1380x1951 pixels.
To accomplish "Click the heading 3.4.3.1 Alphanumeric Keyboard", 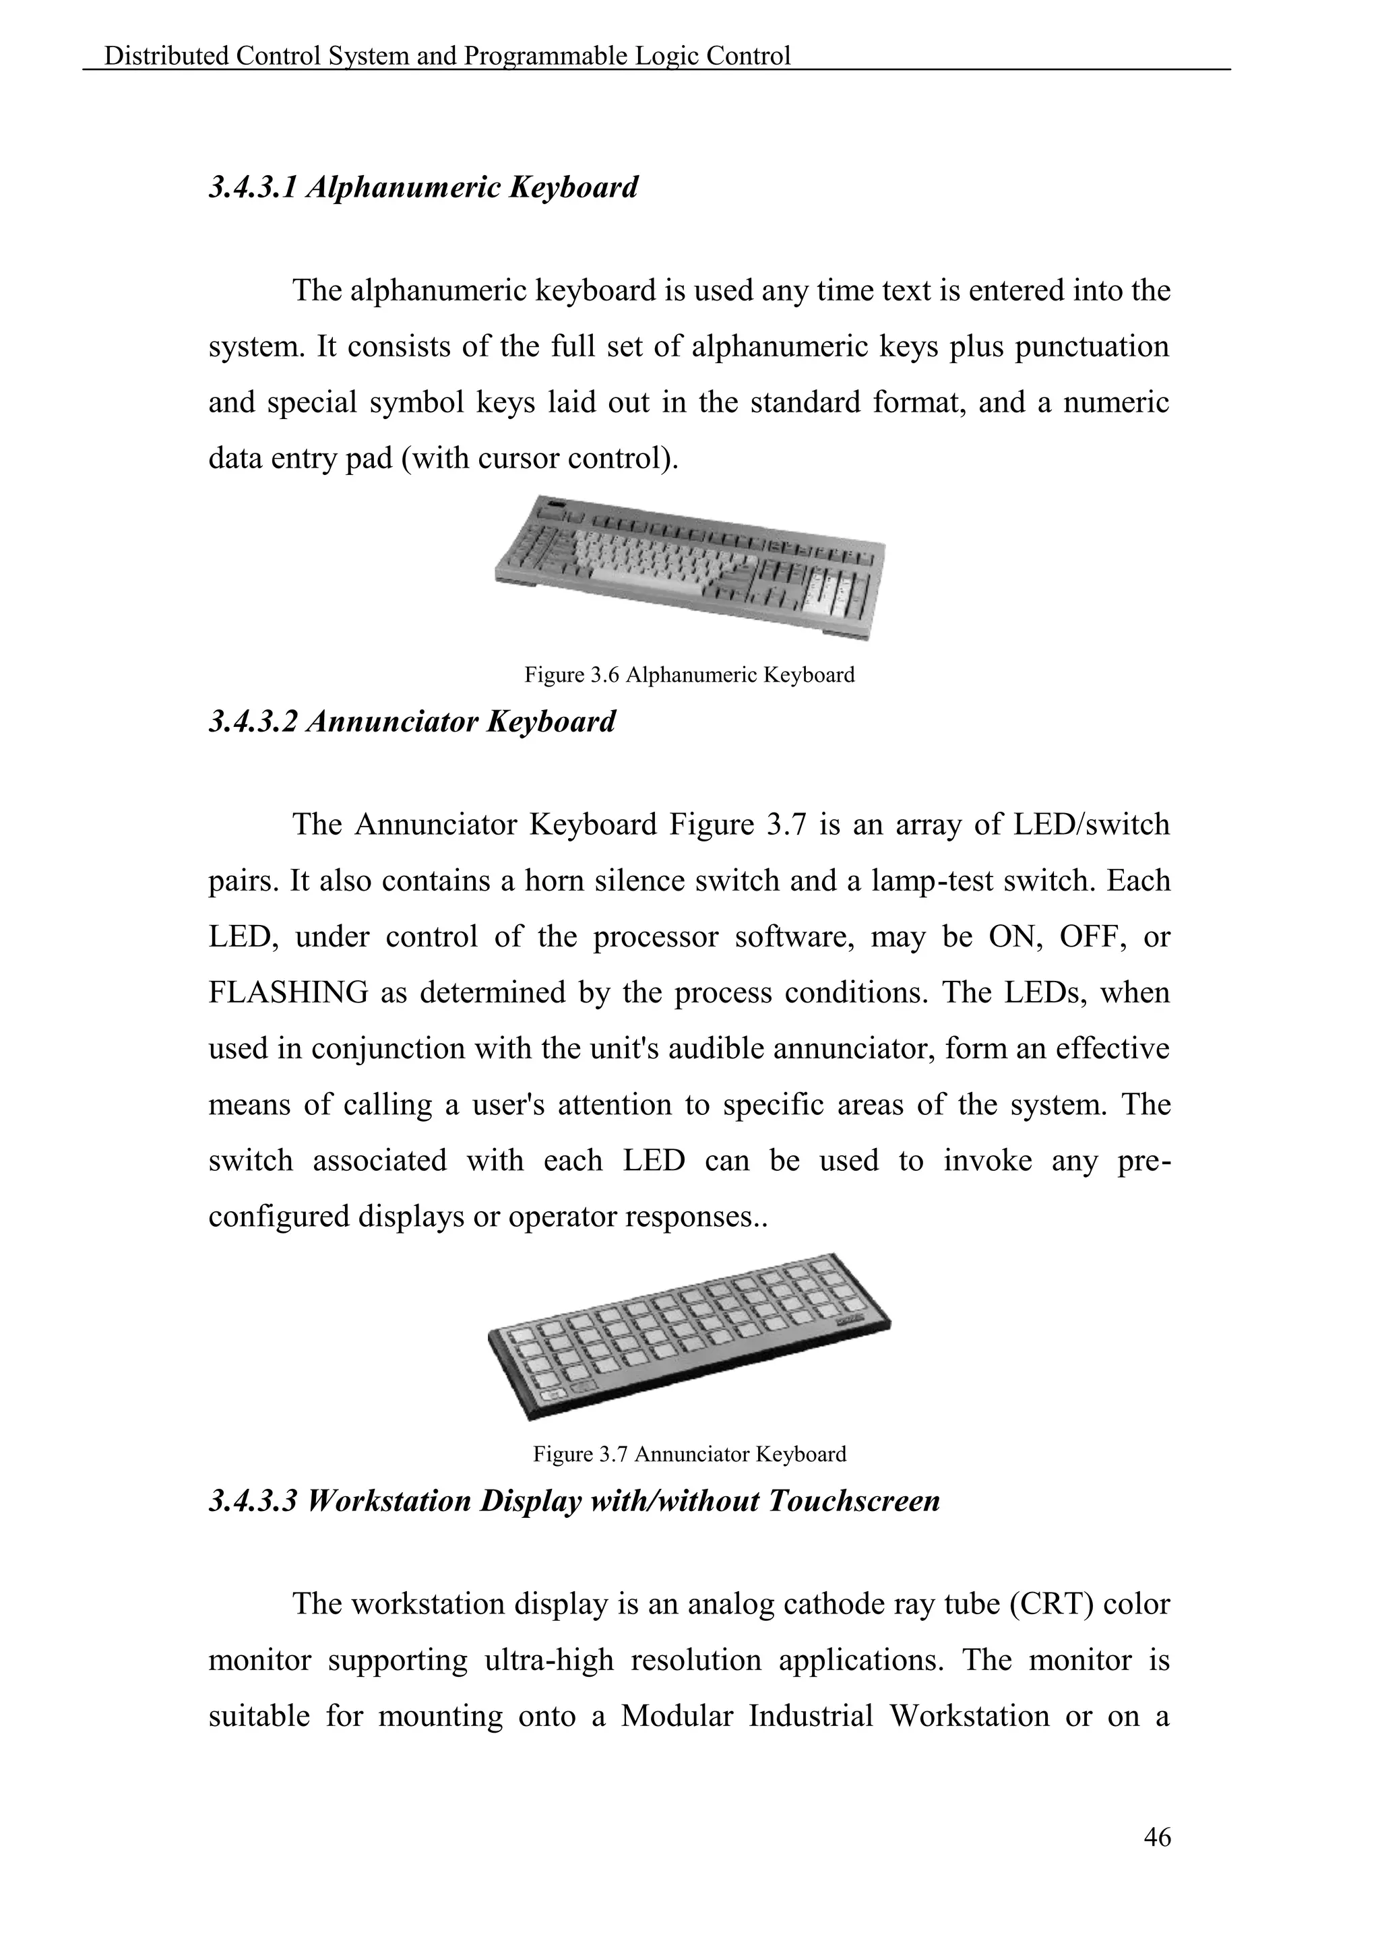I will pyautogui.click(x=423, y=187).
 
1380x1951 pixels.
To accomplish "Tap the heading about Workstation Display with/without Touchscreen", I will pyautogui.click(x=574, y=1500).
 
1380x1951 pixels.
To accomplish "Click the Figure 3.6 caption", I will pyautogui.click(x=689, y=676).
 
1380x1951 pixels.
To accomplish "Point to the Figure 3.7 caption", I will pyautogui.click(x=689, y=1454).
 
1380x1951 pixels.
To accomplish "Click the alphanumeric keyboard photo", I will pyautogui.click(x=689, y=565).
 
